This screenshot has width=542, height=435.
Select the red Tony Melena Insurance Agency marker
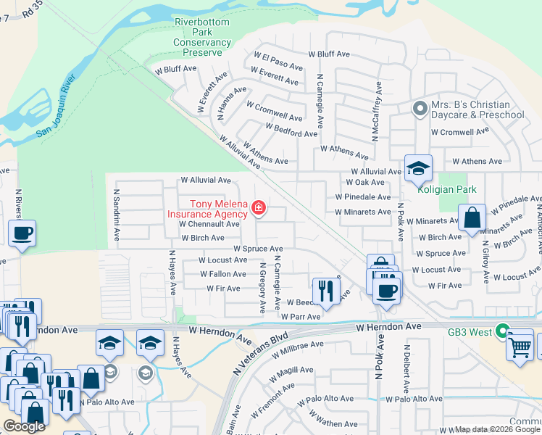pyautogui.click(x=258, y=210)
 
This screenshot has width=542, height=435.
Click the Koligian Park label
pyautogui.click(x=446, y=189)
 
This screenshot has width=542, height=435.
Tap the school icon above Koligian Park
pyautogui.click(x=418, y=169)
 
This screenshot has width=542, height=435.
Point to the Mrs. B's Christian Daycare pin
pyautogui.click(x=420, y=109)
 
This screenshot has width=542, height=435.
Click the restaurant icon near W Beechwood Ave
pyautogui.click(x=326, y=291)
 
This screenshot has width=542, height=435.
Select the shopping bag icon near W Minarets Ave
pyautogui.click(x=472, y=217)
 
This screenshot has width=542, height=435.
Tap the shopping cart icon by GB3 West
pyautogui.click(x=520, y=346)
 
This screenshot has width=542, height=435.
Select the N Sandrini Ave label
pyautogui.click(x=116, y=216)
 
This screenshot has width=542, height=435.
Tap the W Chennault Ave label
pyautogui.click(x=210, y=225)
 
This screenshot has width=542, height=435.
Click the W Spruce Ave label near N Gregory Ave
pyautogui.click(x=258, y=249)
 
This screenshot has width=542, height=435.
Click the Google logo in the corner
pyautogui.click(x=24, y=426)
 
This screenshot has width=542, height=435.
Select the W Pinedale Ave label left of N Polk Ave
pyautogui.click(x=362, y=197)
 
